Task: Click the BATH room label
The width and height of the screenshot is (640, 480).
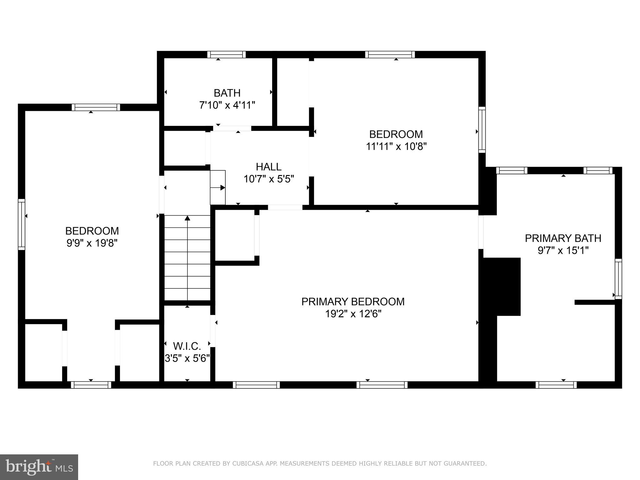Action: click(227, 93)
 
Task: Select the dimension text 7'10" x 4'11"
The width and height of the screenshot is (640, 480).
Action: click(227, 105)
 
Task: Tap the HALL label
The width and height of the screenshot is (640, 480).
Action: click(268, 167)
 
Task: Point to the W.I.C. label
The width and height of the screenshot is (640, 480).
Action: click(187, 346)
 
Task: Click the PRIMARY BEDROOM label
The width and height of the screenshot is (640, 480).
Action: click(353, 302)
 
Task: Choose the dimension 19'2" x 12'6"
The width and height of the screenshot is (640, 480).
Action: click(353, 314)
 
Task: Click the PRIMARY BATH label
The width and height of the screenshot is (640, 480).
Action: click(563, 238)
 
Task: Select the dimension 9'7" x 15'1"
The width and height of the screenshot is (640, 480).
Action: click(563, 251)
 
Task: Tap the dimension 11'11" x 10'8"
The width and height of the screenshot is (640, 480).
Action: click(396, 146)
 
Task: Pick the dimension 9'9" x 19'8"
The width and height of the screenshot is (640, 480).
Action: click(92, 243)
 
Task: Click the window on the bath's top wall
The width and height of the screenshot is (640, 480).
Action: click(227, 55)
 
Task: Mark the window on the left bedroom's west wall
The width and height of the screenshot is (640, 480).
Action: click(22, 224)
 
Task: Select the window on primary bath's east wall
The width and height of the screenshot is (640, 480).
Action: click(618, 279)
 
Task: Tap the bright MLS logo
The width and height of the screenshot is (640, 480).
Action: click(39, 467)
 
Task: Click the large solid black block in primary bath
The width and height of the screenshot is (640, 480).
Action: click(502, 286)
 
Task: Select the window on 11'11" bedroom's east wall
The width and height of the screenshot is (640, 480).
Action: click(482, 129)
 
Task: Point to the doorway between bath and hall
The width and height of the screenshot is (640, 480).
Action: click(232, 128)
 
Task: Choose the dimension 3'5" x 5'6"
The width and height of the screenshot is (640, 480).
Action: click(187, 358)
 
